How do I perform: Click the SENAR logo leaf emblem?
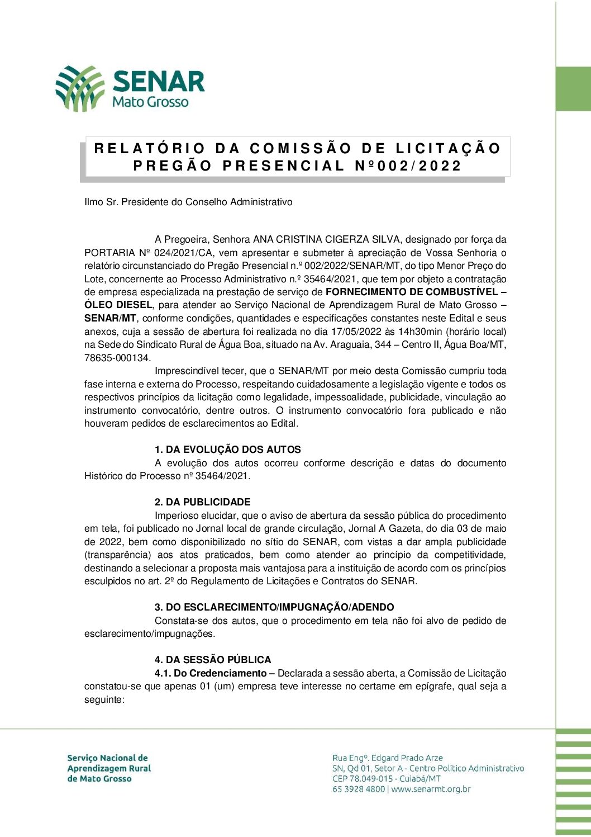(80, 88)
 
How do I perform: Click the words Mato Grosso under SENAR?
(150, 102)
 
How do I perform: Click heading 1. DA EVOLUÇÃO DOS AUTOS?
(227, 450)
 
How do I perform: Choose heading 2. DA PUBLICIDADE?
(202, 502)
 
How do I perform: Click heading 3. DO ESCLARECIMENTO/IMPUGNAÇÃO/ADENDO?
(274, 607)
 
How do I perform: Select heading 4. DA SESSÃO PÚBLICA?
(213, 660)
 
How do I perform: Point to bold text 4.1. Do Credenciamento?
(211, 673)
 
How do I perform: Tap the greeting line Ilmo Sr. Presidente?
(188, 202)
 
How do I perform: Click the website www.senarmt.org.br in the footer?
(431, 789)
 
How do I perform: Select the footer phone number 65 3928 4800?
(359, 789)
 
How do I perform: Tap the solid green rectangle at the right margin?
(573, 89)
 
